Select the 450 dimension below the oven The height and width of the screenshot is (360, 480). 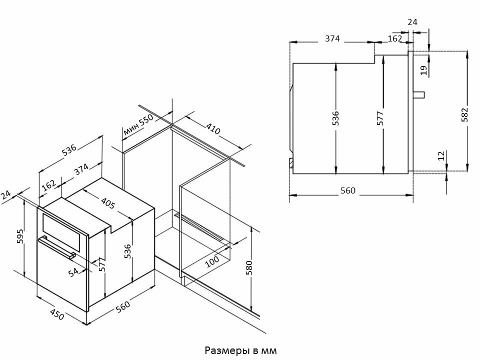point(57,315)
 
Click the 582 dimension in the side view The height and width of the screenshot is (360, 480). point(465,114)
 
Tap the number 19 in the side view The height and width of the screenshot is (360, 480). point(424,70)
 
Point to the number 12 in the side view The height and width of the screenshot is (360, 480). point(440,156)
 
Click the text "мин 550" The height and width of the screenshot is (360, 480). point(137,125)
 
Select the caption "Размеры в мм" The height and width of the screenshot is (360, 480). point(240,348)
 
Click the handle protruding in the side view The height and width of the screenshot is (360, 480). point(419,94)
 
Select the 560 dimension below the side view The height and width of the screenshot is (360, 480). point(347,190)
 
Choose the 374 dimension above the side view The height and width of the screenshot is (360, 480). point(332,39)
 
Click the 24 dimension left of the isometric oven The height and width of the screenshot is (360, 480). point(6,195)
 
